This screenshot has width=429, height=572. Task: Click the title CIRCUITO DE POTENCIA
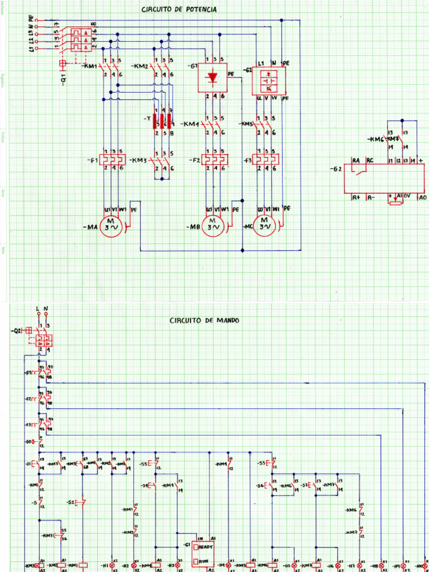point(178,10)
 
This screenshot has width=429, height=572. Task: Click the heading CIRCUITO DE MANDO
point(204,321)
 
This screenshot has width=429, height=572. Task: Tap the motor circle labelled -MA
point(111,227)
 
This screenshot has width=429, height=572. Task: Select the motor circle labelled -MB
point(213,227)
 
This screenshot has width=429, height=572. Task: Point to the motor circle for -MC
point(265,227)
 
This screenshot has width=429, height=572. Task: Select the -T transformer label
point(146,119)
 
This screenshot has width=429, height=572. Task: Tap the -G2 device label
point(336,168)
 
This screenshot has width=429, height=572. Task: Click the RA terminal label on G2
point(355,161)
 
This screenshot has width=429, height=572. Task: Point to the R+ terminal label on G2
point(355,197)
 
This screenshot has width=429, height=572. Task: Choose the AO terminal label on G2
point(423,197)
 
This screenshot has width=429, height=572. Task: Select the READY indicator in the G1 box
point(204,546)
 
